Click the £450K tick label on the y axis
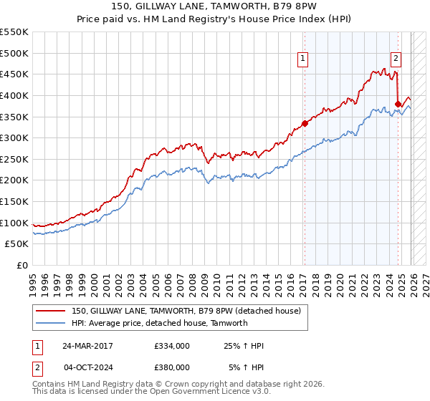(14, 74)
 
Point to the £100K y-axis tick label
(14, 223)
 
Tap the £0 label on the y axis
(21, 265)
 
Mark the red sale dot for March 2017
(305, 122)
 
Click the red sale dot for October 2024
(398, 104)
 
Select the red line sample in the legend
(51, 311)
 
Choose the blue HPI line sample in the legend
(51, 323)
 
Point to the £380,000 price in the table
(171, 367)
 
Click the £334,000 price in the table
(171, 346)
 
